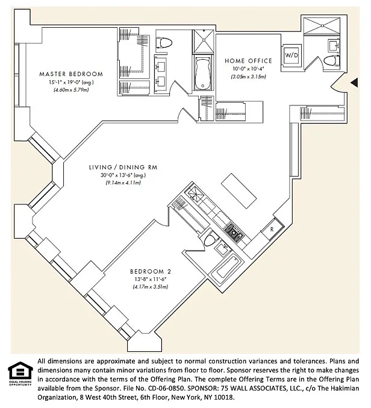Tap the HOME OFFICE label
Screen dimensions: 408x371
coord(248,61)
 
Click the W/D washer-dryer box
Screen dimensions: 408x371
coord(291,55)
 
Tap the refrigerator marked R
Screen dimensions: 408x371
coord(272,230)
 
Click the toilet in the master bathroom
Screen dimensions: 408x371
coord(166,42)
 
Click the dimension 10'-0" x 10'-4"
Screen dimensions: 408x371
coord(248,69)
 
